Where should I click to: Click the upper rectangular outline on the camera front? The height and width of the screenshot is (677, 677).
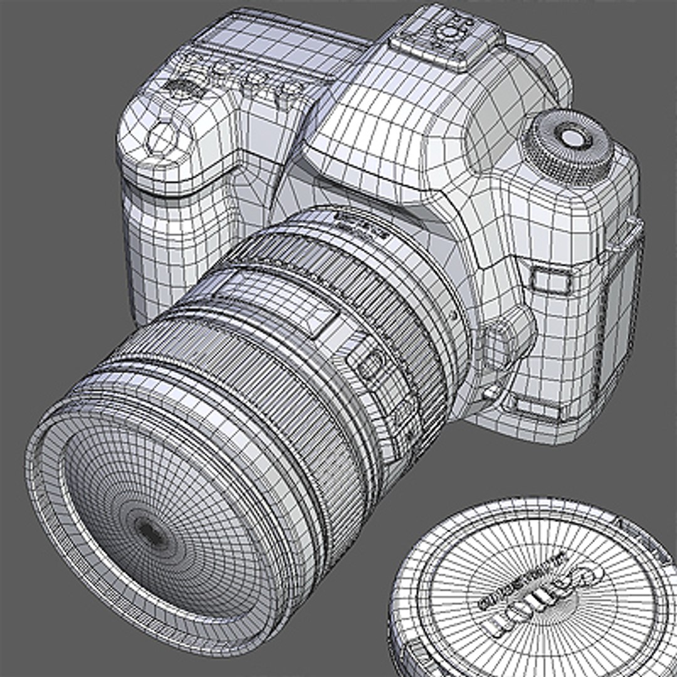[550, 280]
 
